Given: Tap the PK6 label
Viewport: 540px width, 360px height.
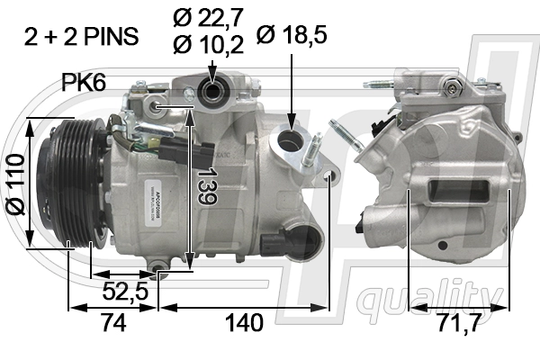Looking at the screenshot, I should pyautogui.click(x=84, y=83).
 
